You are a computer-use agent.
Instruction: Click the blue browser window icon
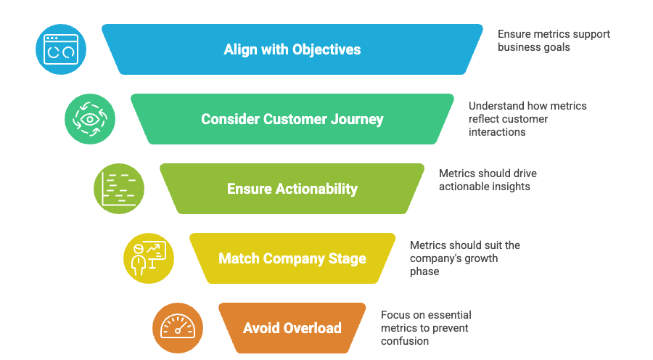pos(61,49)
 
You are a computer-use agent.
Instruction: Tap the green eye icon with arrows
pos(90,119)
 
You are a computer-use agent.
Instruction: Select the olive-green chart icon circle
pos(119,189)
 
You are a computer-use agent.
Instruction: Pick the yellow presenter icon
pos(149,258)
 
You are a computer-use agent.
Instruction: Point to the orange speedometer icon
pos(178,328)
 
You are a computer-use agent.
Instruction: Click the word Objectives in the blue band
pos(326,49)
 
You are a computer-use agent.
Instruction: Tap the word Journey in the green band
pos(357,120)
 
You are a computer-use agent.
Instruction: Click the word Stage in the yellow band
pos(348,258)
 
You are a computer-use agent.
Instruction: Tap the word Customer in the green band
pos(295,119)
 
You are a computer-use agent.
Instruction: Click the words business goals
pos(534,47)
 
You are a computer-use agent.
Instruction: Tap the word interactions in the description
pos(497,132)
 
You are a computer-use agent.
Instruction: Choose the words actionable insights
pos(485,187)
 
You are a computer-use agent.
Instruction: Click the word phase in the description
pos(424,271)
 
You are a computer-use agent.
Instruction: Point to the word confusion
pos(405,341)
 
